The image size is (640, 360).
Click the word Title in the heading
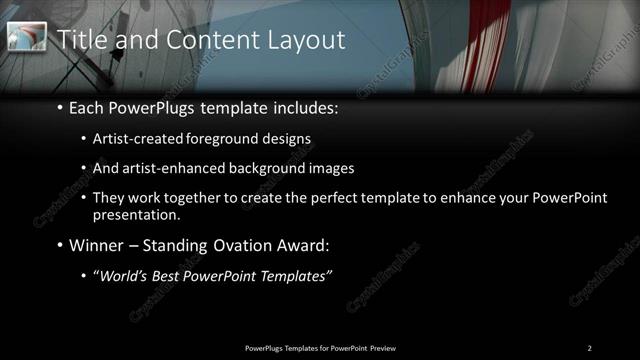pyautogui.click(x=81, y=39)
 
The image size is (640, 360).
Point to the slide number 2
pyautogui.click(x=589, y=347)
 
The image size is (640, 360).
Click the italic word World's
pyautogui.click(x=123, y=276)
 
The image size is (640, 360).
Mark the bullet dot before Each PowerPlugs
pyautogui.click(x=60, y=106)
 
